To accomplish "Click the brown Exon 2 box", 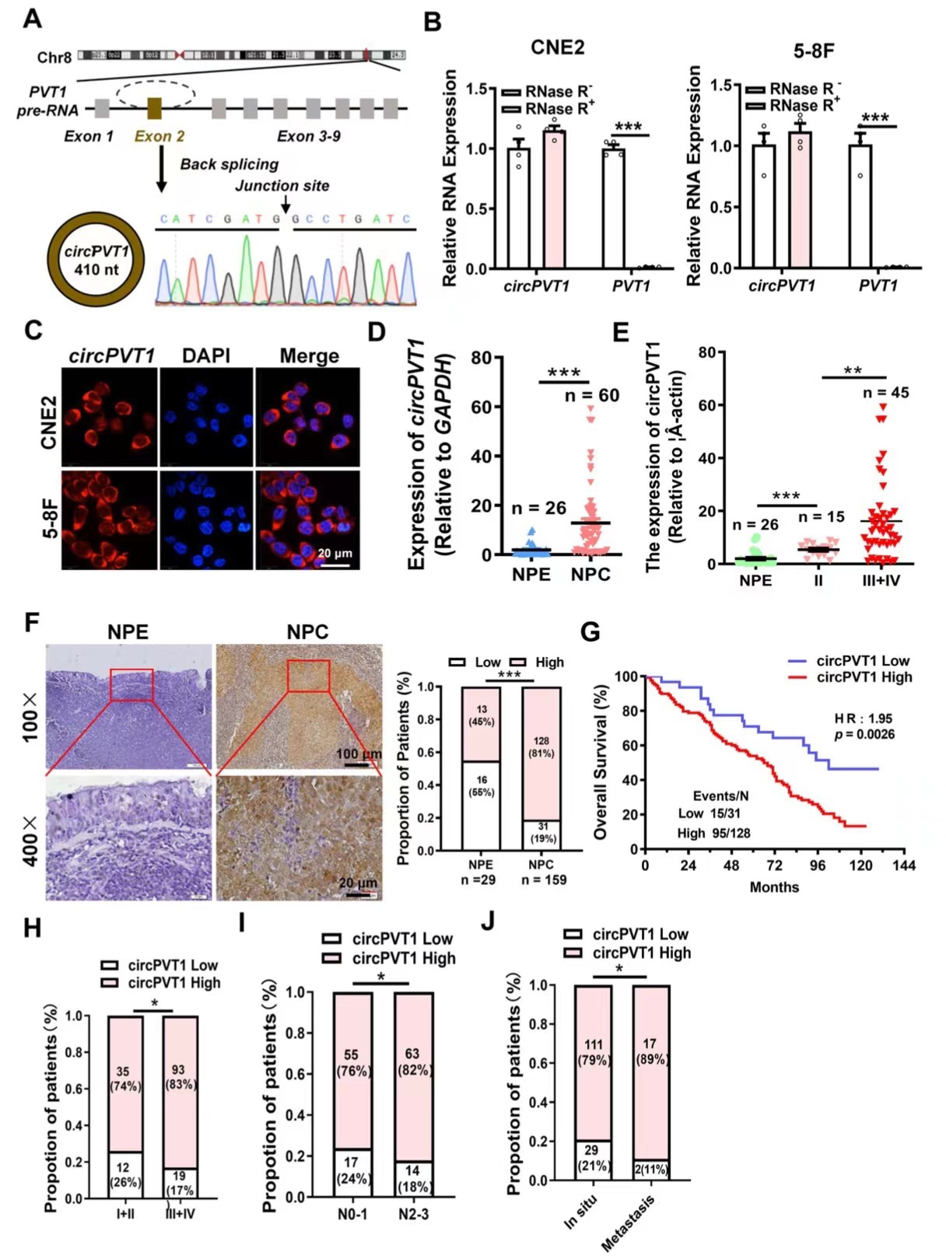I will coord(154,108).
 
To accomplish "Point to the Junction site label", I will coord(282,186).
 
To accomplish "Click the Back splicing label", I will coord(229,164).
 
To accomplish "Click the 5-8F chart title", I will coord(813,51).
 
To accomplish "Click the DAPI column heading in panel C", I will coord(205,356).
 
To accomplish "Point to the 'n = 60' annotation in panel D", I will coord(592,396).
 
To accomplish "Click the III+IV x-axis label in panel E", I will coord(881,580).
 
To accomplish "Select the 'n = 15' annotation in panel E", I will coord(821,516).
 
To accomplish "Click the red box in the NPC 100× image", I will coord(308,675).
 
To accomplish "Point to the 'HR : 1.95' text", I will coord(863,719).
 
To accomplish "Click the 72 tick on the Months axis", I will coord(774,865).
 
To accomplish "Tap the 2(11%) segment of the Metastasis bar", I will coord(650,1169).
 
